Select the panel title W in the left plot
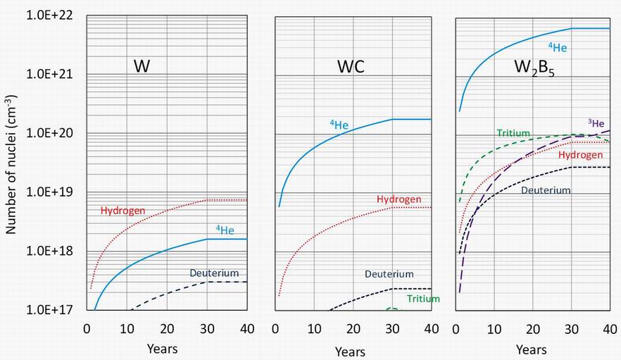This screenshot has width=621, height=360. pyautogui.click(x=142, y=66)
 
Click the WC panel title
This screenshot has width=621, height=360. pyautogui.click(x=351, y=66)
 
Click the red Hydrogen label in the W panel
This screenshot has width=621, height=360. pyautogui.click(x=123, y=210)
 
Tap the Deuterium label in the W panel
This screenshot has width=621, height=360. pyautogui.click(x=214, y=273)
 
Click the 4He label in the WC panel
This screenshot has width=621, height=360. pyautogui.click(x=339, y=125)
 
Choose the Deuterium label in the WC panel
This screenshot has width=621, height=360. pyautogui.click(x=389, y=273)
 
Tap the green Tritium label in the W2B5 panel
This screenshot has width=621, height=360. pyautogui.click(x=513, y=133)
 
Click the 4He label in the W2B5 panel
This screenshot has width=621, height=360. pyautogui.click(x=558, y=47)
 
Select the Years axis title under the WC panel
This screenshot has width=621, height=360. pyautogui.click(x=350, y=351)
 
